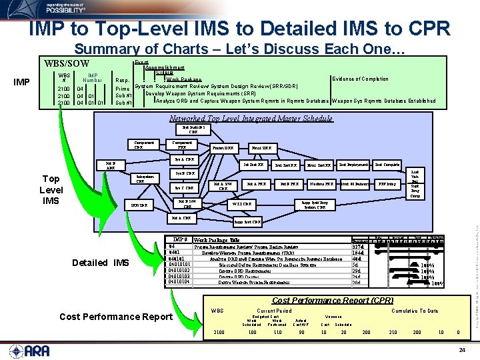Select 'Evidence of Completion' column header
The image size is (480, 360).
click(359, 79)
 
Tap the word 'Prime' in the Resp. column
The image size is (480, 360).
click(123, 89)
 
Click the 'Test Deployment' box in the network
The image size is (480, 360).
click(353, 164)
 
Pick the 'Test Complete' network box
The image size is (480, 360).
click(387, 164)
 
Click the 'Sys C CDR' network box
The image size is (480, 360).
click(185, 188)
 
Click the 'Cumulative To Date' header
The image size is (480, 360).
click(415, 311)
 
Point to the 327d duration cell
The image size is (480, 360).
click(357, 247)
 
